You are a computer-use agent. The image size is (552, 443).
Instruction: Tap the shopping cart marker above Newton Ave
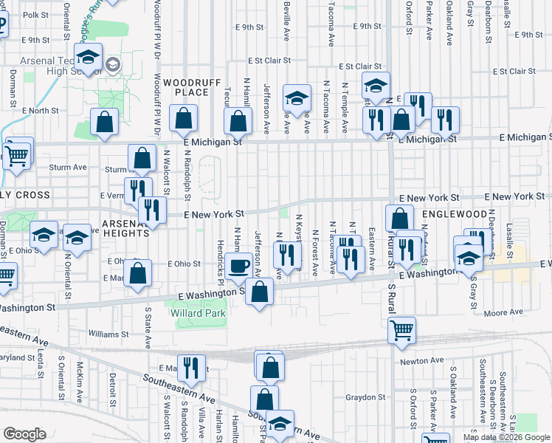pyautogui.click(x=401, y=330)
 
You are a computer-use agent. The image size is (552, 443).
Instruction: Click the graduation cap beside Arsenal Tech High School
pyautogui.click(x=88, y=59)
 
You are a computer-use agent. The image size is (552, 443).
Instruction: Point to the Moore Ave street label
pyautogui.click(x=503, y=313)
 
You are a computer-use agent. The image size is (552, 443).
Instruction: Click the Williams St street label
pyautogui.click(x=108, y=334)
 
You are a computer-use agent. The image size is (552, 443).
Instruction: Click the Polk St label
pyautogui.click(x=35, y=15)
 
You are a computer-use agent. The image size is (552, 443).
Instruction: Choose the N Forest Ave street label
pyautogui.click(x=315, y=253)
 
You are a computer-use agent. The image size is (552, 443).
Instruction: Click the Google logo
pyautogui.click(x=24, y=434)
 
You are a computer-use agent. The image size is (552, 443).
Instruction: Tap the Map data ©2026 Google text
pyautogui.click(x=506, y=437)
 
